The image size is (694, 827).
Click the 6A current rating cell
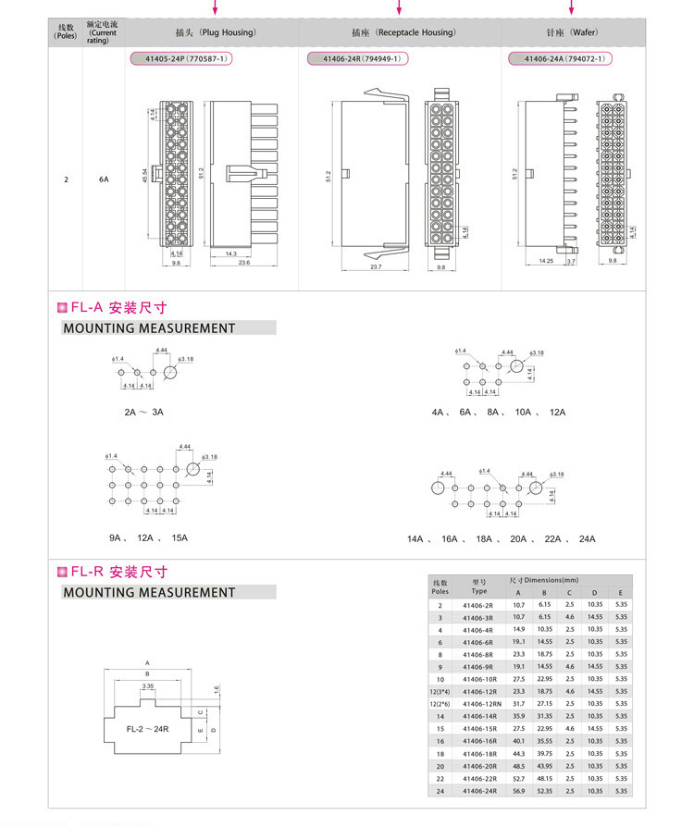tap(104, 180)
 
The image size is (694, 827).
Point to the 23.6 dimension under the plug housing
tap(243, 263)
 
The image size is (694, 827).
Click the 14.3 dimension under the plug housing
tap(231, 253)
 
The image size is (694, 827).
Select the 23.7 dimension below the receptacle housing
tap(375, 266)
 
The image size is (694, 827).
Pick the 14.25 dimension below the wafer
tap(546, 262)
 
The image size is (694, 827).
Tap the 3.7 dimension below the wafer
tap(571, 262)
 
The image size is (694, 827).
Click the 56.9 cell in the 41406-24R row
tap(518, 791)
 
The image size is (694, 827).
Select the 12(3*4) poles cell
tap(440, 691)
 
